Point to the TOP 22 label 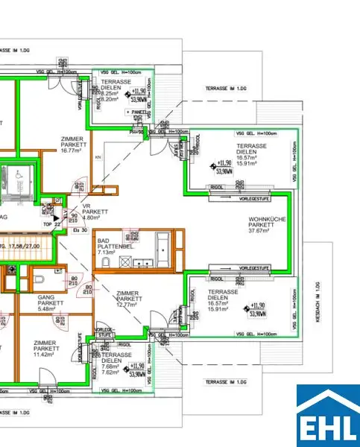[51, 223]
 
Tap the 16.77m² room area [72, 150]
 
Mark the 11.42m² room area [46, 355]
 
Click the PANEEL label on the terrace [138, 112]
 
